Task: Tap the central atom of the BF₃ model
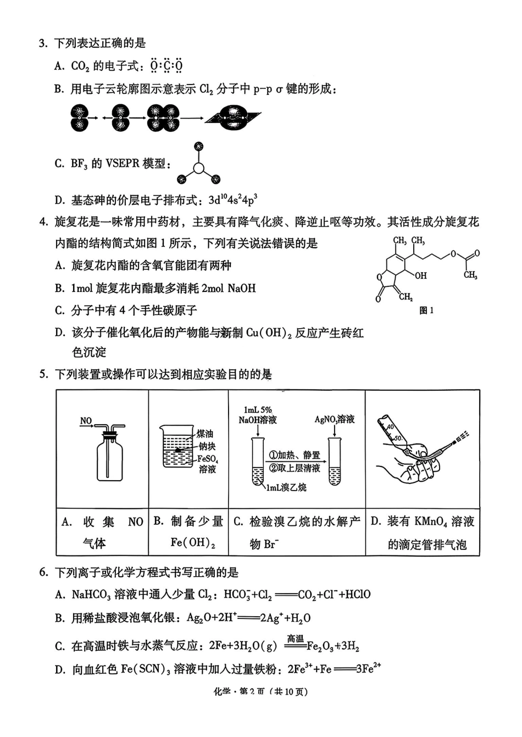(198, 168)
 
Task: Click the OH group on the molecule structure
(420, 275)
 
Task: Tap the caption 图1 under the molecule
(426, 311)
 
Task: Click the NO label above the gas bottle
(86, 421)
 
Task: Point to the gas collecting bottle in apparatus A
(109, 455)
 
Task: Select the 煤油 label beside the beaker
(205, 434)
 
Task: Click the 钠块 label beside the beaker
(207, 446)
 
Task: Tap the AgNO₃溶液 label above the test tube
(334, 419)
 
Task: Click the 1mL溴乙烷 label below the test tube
(286, 487)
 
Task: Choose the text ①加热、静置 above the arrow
(295, 455)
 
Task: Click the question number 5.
(43, 375)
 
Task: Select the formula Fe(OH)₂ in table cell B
(192, 543)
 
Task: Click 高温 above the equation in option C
(295, 638)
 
